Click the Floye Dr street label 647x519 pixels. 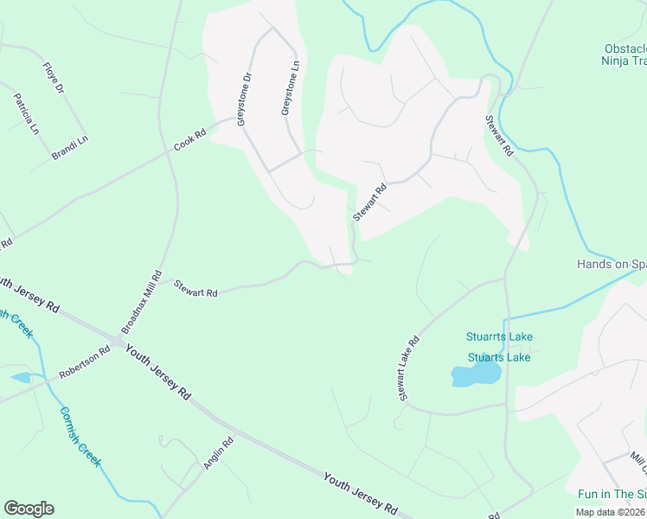[x=54, y=77]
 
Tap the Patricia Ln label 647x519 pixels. [x=26, y=113]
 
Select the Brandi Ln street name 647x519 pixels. [x=70, y=144]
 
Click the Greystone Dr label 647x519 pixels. [x=243, y=99]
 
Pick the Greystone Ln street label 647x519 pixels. [x=291, y=87]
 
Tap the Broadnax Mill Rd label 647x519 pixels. [x=141, y=302]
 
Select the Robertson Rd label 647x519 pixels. [x=85, y=363]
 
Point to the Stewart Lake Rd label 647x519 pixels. [x=407, y=368]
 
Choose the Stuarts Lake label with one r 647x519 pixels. [x=499, y=357]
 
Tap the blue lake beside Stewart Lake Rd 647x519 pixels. [x=475, y=374]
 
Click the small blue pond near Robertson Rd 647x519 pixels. [x=21, y=377]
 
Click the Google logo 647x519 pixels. [x=29, y=509]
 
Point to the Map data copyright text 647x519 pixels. [x=611, y=512]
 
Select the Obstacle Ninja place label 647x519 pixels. [x=624, y=54]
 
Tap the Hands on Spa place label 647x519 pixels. [x=612, y=264]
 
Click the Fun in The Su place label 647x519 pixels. [x=612, y=494]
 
